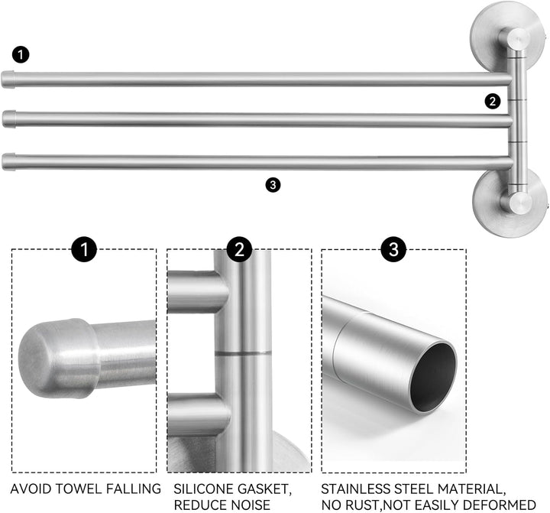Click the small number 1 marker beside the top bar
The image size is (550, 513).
click(21, 55)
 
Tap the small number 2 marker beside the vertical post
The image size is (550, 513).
click(493, 102)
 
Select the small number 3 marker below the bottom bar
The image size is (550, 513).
click(273, 185)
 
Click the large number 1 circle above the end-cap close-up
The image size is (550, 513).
click(84, 249)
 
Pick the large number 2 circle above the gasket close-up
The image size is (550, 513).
click(239, 249)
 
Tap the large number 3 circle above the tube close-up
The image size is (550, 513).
click(394, 249)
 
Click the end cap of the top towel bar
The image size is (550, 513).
click(8, 79)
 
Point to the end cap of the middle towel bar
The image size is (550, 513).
click(8, 119)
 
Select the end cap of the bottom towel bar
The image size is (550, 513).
click(8, 161)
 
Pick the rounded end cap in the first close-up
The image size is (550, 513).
click(58, 358)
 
